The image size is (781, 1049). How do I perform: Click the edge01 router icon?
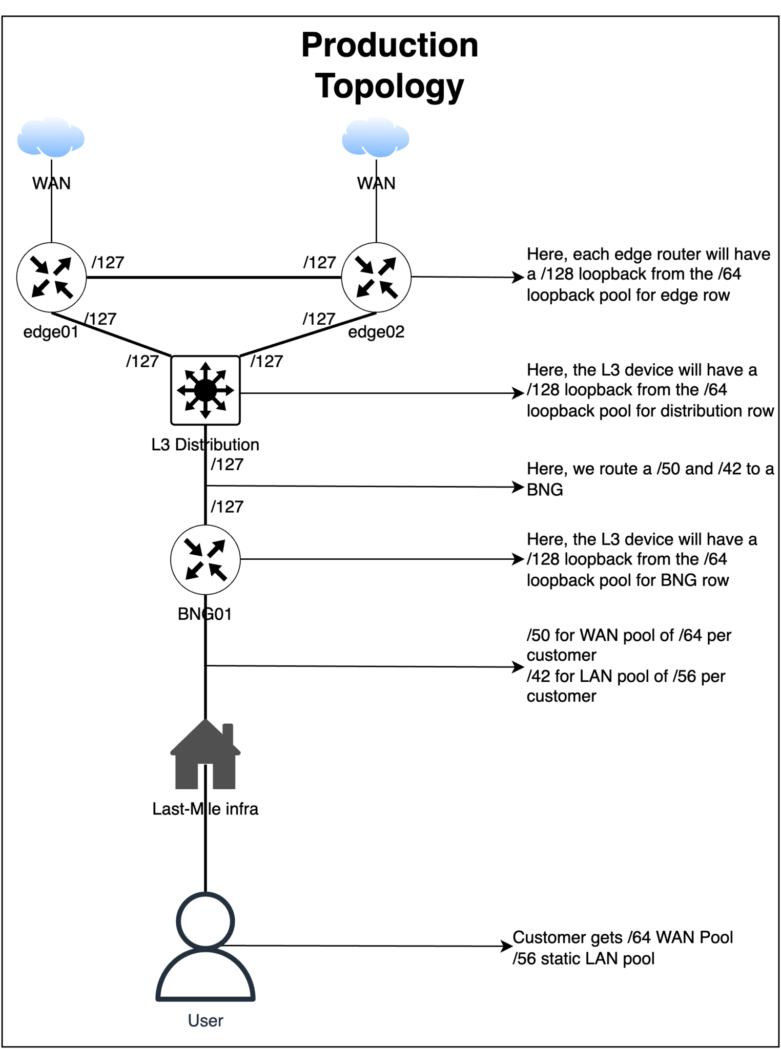tap(51, 277)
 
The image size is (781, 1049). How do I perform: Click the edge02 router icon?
tap(376, 277)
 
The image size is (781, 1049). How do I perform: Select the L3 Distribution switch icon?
tap(205, 390)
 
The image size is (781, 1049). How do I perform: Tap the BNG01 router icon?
tap(205, 559)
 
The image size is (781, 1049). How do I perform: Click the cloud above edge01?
tap(50, 137)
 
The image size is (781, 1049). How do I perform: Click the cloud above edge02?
tap(375, 137)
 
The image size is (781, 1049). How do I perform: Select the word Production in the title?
tap(389, 45)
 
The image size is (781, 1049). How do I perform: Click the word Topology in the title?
tap(389, 86)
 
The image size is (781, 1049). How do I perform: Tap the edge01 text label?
tap(51, 332)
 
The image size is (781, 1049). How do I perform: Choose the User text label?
tap(205, 1020)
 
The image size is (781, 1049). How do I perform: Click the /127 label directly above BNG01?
tap(227, 507)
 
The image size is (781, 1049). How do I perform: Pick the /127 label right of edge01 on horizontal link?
tap(108, 262)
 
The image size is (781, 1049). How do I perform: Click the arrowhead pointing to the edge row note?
tap(519, 277)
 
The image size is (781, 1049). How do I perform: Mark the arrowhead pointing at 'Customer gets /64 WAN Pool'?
tap(507, 946)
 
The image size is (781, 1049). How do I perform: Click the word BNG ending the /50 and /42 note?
tap(544, 490)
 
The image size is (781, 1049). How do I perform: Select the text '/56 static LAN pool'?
tap(583, 958)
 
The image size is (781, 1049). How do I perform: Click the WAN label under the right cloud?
tap(376, 183)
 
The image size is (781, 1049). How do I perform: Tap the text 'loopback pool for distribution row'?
tap(649, 411)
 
